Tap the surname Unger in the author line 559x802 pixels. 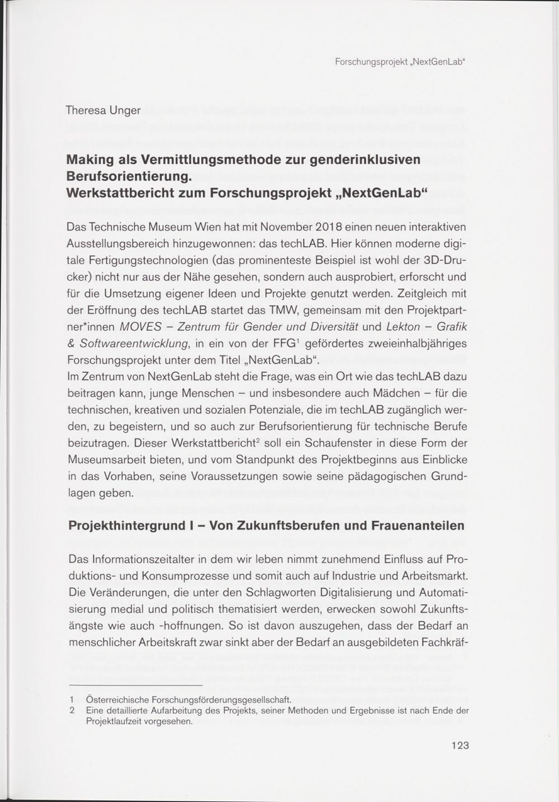(x=125, y=110)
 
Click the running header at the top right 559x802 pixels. (x=400, y=61)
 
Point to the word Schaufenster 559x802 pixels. (x=341, y=443)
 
